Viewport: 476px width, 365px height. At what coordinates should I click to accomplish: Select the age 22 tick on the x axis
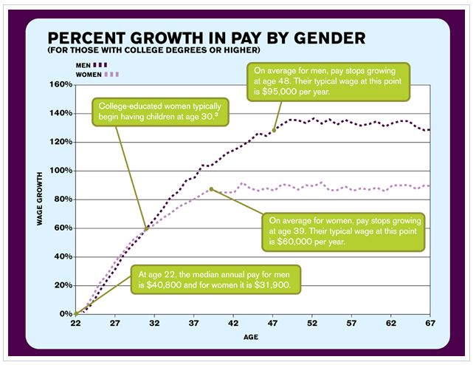tap(75, 324)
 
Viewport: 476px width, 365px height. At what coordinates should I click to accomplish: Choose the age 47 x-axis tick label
tap(273, 324)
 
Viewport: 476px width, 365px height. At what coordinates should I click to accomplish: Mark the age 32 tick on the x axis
tap(154, 324)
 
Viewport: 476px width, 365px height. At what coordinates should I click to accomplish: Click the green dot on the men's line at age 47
tap(274, 130)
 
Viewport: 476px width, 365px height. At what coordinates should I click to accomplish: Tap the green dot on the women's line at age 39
tap(211, 189)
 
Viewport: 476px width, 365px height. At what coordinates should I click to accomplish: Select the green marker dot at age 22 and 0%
tap(76, 314)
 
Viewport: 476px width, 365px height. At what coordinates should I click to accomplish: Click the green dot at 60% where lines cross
tap(146, 229)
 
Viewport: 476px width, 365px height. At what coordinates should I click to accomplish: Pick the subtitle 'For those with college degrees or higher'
tap(154, 50)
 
